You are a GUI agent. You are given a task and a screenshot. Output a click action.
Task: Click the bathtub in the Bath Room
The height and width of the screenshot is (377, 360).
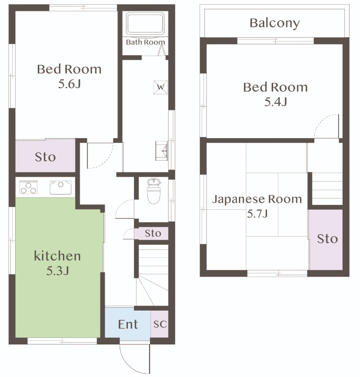[145, 23]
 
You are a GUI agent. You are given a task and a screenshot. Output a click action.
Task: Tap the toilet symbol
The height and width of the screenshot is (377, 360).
[154, 191]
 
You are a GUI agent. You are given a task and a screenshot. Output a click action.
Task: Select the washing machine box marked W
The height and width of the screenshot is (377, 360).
[160, 87]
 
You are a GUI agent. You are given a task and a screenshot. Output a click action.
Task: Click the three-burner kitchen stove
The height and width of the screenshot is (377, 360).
[28, 187]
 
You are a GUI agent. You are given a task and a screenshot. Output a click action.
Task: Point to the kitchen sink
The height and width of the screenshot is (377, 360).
[61, 187]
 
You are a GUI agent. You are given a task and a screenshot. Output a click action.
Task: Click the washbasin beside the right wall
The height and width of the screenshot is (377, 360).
[162, 151]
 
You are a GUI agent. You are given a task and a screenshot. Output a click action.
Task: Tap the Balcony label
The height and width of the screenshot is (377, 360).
[275, 24]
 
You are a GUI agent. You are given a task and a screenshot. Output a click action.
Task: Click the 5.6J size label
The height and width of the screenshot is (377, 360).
[69, 84]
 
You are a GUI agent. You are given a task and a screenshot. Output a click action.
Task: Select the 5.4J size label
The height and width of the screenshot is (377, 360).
[276, 102]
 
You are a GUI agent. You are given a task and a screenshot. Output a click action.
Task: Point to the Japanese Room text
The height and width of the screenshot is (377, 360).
[257, 199]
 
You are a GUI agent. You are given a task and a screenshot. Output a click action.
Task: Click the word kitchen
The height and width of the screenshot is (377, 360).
[57, 256]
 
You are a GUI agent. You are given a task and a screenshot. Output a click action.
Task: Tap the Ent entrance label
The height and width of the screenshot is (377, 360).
[128, 324]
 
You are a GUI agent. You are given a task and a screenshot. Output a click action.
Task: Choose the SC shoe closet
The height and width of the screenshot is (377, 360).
[159, 324]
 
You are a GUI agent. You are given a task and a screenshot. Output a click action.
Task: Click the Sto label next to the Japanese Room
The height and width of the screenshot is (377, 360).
[327, 239]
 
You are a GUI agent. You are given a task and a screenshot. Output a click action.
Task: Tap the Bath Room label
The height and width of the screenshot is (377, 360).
[145, 42]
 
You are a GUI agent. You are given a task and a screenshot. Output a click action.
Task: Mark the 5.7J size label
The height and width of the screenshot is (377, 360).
[257, 213]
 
